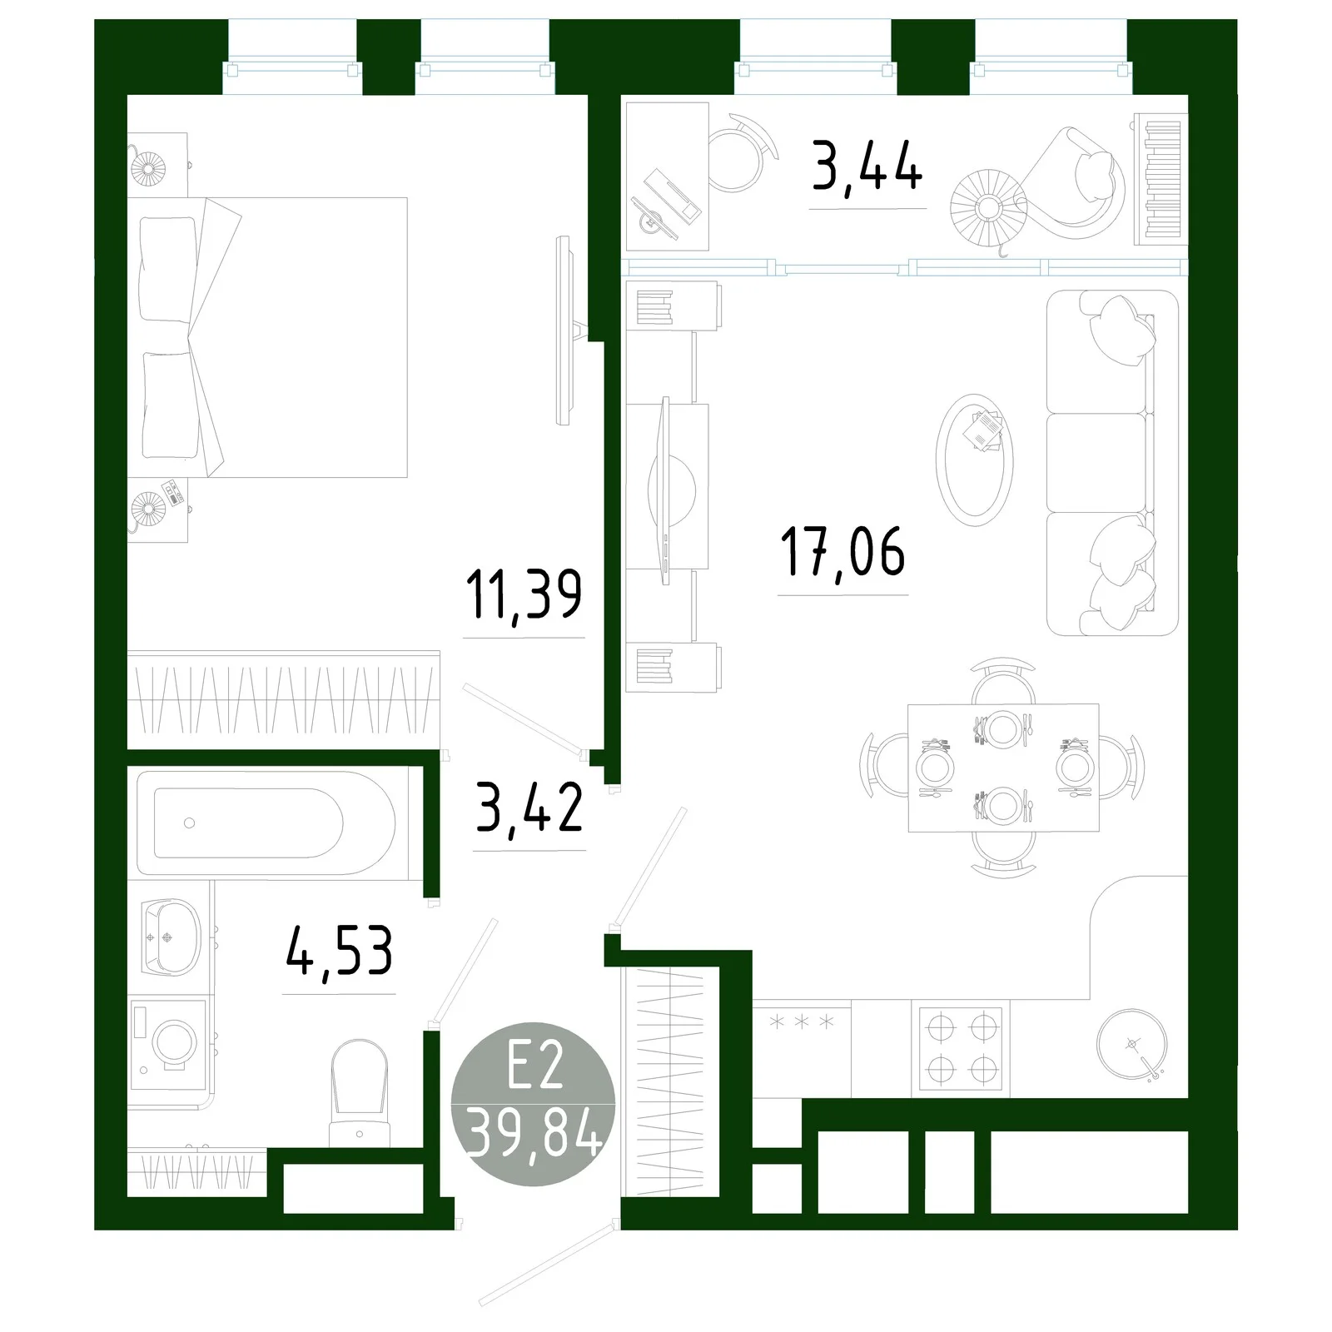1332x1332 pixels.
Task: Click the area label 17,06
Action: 842,552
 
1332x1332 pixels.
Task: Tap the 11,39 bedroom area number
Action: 524,594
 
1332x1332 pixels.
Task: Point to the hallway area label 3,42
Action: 529,808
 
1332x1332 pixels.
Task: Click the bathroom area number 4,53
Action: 339,952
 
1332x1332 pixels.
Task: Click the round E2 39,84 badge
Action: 533,1104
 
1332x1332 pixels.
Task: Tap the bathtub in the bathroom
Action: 266,823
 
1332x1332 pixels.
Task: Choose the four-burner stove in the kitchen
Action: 962,1048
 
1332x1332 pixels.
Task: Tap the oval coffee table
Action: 974,459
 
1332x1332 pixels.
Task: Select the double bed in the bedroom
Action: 267,337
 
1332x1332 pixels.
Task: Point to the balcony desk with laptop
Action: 667,176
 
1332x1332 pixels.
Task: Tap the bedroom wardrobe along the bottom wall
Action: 283,700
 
